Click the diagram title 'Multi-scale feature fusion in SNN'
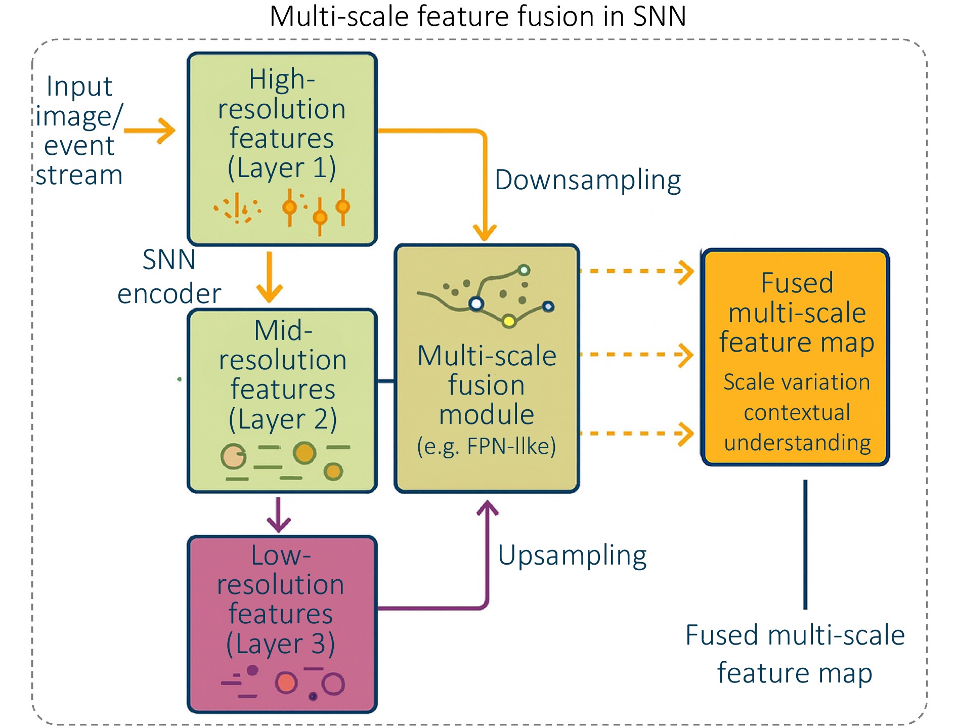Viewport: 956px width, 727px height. (477, 16)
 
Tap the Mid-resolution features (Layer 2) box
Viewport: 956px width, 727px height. (282, 400)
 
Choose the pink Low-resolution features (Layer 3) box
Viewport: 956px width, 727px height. (282, 623)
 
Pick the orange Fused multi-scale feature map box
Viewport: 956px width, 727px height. (795, 357)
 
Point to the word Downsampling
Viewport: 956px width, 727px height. (588, 180)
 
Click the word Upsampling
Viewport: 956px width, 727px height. (572, 555)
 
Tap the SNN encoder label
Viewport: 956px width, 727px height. (169, 277)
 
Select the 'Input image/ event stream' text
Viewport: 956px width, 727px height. (79, 131)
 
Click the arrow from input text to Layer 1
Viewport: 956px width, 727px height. (150, 131)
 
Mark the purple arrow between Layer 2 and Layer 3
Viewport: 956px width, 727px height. (278, 514)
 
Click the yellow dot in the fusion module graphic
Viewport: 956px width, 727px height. (509, 321)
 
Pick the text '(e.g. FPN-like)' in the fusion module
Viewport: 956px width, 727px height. (486, 446)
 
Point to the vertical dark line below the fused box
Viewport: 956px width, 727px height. (805, 544)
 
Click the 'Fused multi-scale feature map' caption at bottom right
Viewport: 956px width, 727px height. (795, 654)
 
